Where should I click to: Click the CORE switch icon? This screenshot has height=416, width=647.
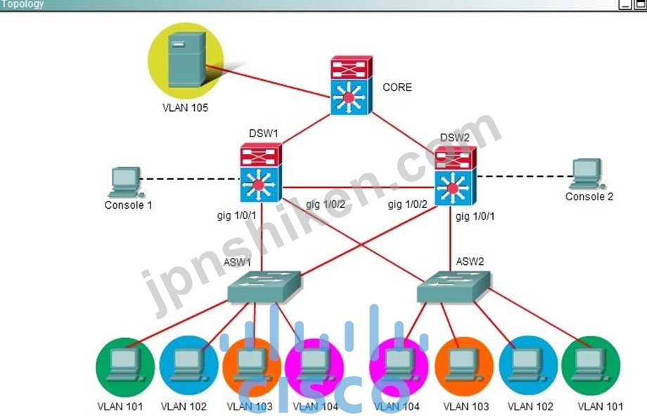tap(351, 85)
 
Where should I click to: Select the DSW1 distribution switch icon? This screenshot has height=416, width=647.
tap(261, 172)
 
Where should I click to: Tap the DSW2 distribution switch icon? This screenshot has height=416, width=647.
tap(455, 176)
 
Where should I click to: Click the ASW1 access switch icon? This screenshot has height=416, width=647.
tap(264, 287)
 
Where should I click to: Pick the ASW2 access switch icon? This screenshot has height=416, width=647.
tap(454, 287)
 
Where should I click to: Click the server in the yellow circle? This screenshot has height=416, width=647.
tap(187, 59)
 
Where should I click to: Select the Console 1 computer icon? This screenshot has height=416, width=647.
tap(125, 182)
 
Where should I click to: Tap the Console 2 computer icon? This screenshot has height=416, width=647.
tap(587, 174)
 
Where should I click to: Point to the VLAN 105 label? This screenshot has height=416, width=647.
tap(185, 108)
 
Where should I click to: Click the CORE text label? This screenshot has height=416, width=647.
tap(397, 87)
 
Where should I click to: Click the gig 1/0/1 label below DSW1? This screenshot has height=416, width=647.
tap(236, 215)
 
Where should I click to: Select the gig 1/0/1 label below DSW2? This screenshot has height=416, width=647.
tap(475, 216)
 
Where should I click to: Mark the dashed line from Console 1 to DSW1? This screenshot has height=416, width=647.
tap(190, 179)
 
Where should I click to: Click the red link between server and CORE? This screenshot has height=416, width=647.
tap(268, 82)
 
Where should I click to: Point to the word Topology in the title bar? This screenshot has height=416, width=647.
tap(23, 4)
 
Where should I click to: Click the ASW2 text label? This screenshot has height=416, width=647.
tap(470, 261)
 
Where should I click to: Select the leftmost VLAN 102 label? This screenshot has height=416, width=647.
tap(184, 407)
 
